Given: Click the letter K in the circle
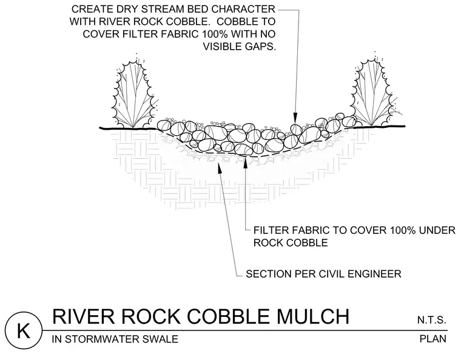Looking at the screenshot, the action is coord(24,331).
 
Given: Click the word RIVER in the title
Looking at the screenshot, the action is coord(83,316).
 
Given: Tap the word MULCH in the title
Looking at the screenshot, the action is coord(314,316).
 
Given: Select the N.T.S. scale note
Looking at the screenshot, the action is coord(432,320).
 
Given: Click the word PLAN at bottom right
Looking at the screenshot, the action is coord(433,339).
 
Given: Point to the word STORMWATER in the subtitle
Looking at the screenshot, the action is coord(97,339).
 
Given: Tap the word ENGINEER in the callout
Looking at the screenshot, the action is coord(374,274).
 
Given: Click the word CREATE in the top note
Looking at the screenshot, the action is coord(89,9).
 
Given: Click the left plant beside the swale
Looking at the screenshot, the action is coord(134,93).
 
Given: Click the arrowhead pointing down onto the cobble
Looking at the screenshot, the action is coord(295,119).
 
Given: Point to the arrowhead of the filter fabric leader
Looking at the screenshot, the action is coord(246,162).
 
